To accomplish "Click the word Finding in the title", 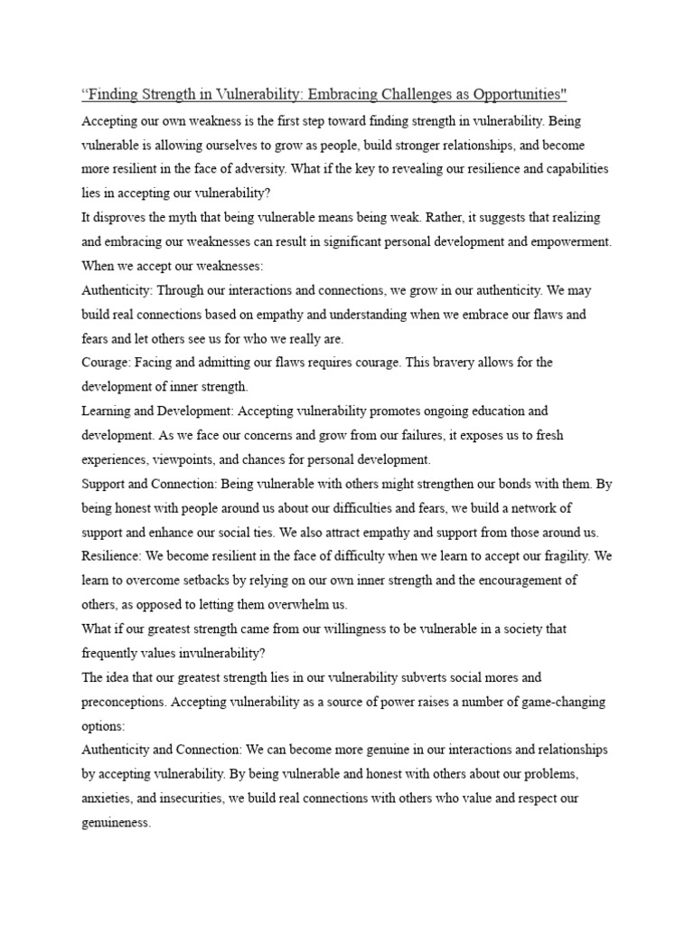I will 114,95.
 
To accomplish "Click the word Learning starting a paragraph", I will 108,411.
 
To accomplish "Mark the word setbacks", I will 208,581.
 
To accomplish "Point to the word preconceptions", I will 123,702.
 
